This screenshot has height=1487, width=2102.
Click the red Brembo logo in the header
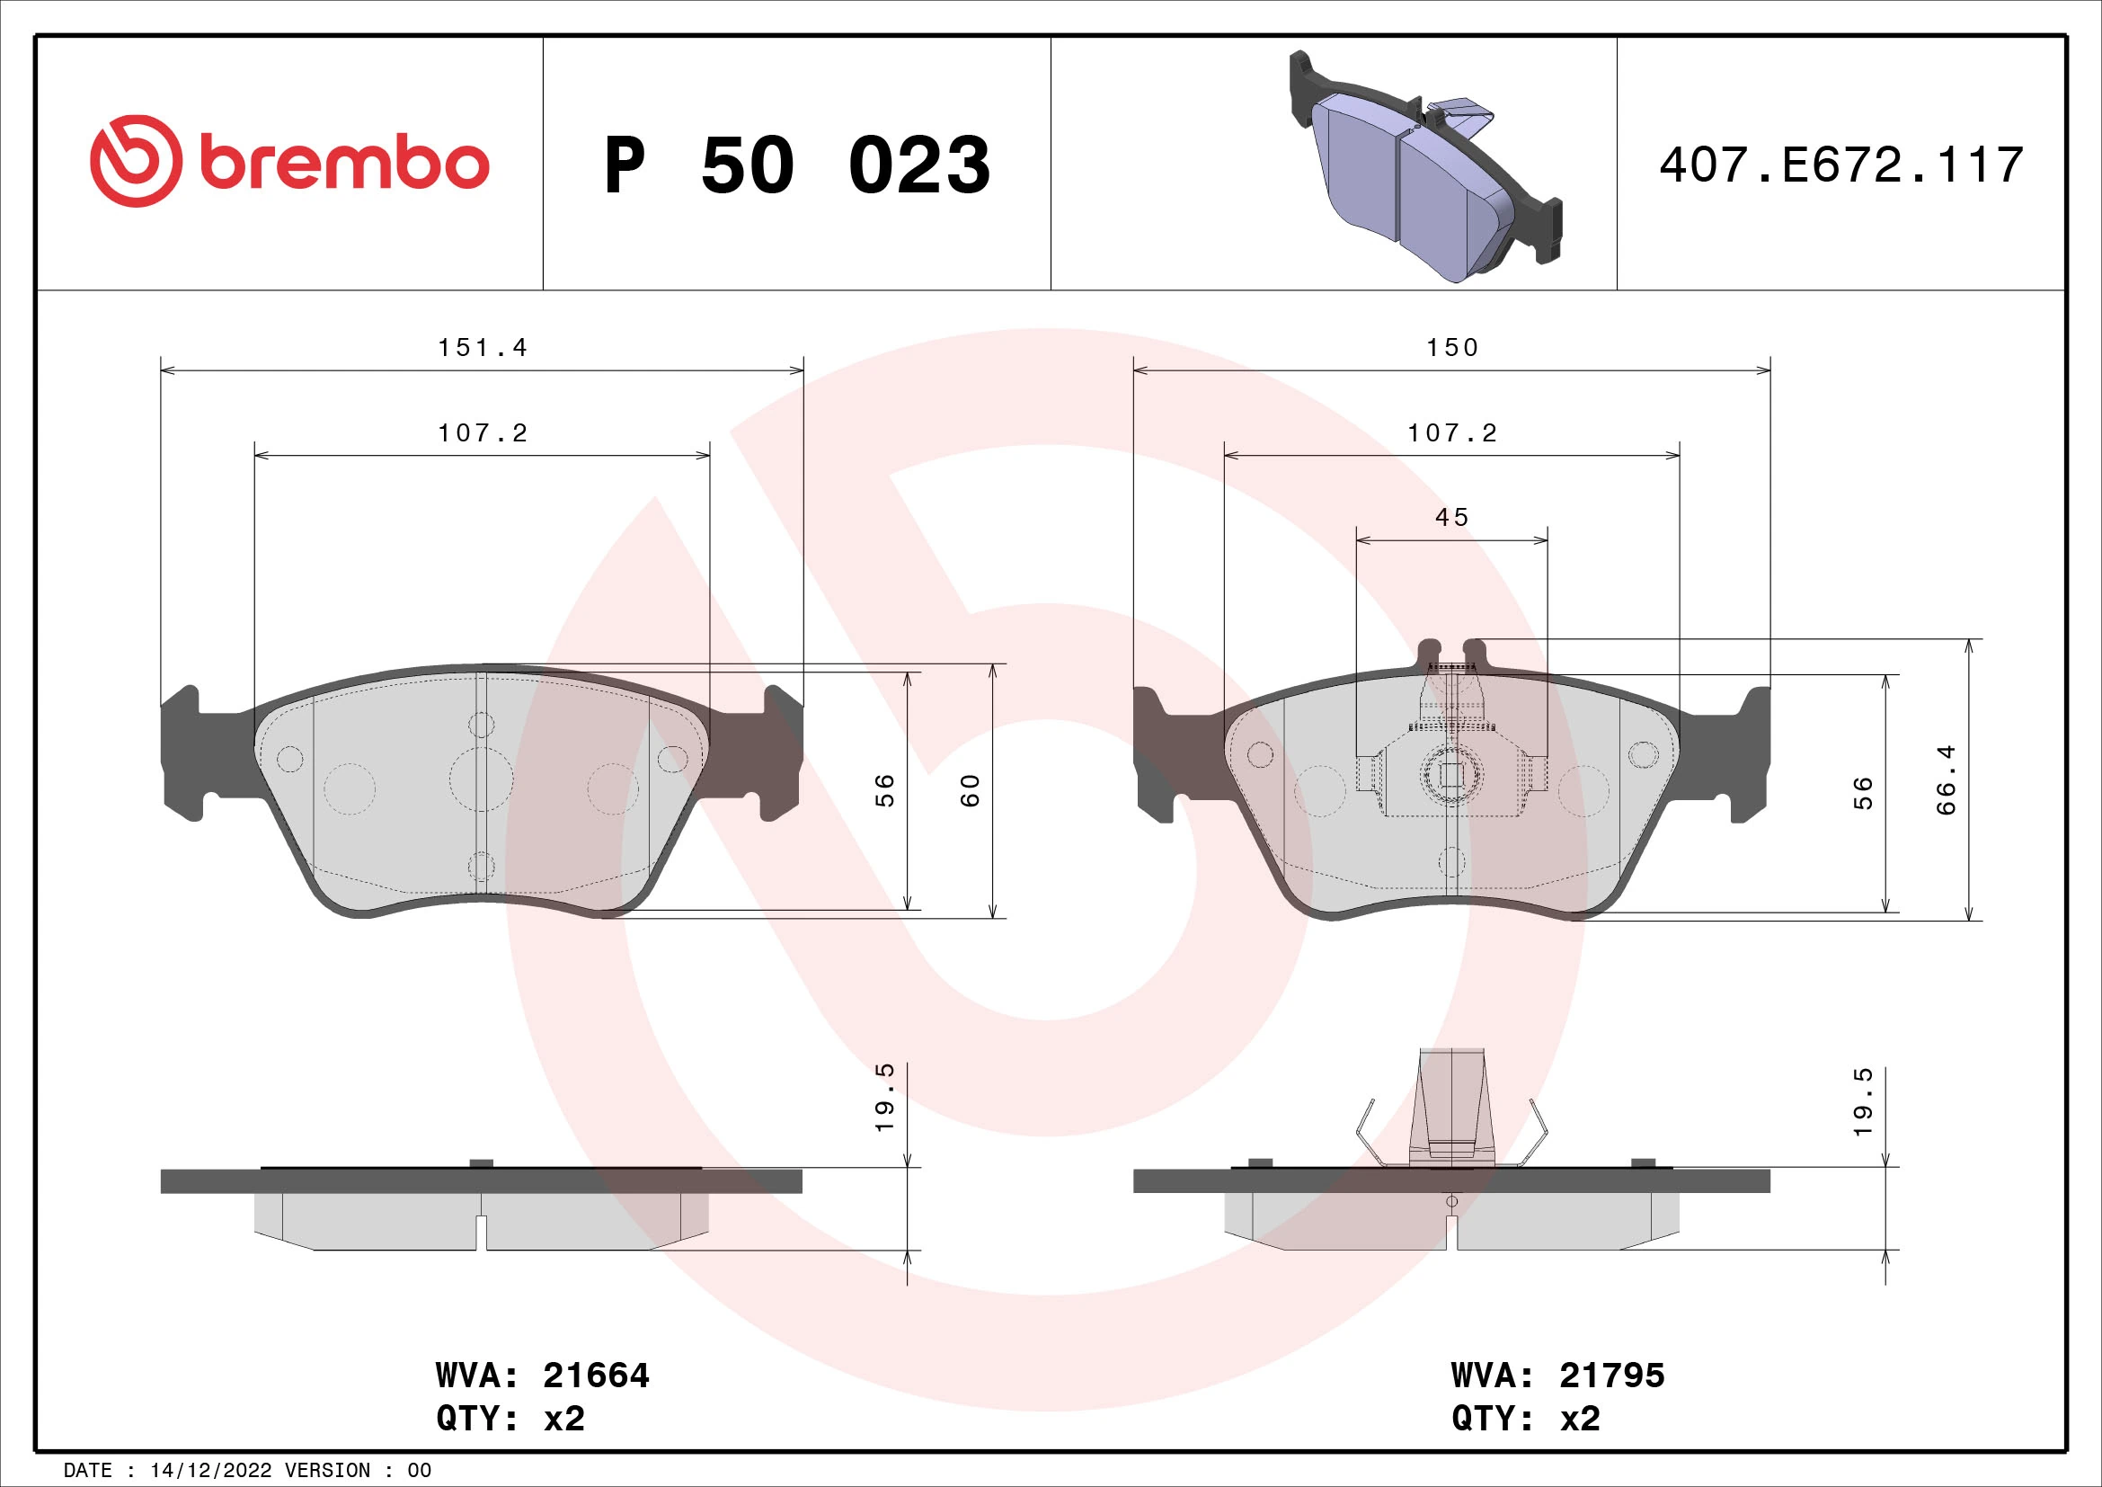[x=289, y=162]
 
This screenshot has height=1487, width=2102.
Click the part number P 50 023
[x=796, y=165]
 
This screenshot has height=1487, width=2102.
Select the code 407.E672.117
[x=1841, y=165]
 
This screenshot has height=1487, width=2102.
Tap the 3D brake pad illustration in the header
[x=1424, y=168]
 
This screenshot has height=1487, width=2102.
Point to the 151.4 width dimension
[x=483, y=348]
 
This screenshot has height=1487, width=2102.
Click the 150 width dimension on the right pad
[x=1452, y=348]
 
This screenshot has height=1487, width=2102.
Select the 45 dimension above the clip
[x=1452, y=517]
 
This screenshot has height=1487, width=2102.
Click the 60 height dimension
[x=971, y=790]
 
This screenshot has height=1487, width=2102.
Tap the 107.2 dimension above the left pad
[x=483, y=433]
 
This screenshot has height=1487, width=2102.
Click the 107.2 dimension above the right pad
[x=1452, y=433]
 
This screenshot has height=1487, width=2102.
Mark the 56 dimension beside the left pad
[x=884, y=790]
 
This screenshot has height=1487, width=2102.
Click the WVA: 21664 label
[x=542, y=1376]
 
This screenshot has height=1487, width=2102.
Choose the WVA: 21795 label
[x=1557, y=1376]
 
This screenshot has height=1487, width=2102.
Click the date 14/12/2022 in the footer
[x=210, y=1471]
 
